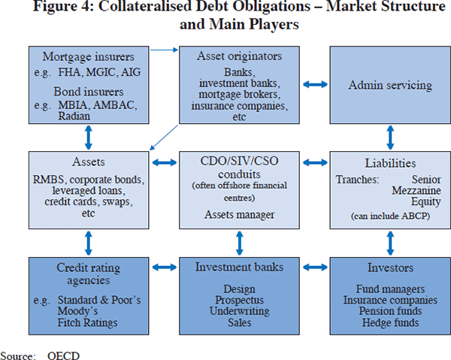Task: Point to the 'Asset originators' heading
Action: pos(238,56)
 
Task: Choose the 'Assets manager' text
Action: pos(238,213)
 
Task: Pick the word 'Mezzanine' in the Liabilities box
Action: pos(417,192)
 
